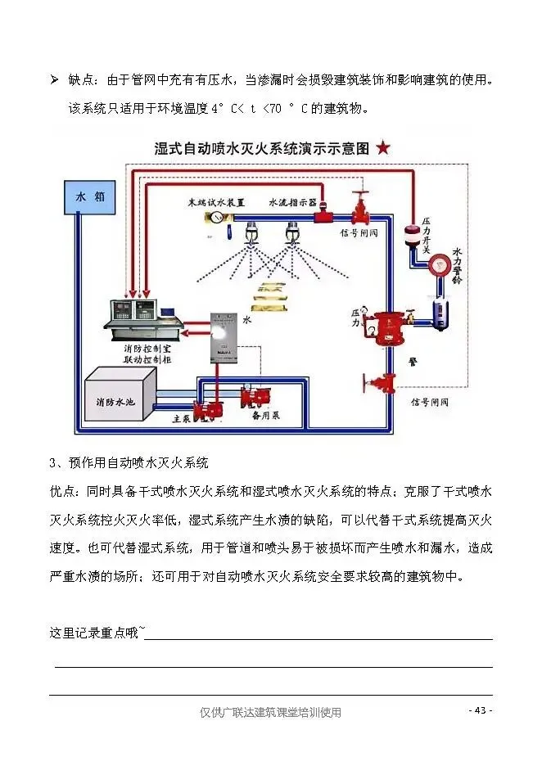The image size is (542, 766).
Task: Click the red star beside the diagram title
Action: pyautogui.click(x=384, y=148)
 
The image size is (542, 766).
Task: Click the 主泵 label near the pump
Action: pyautogui.click(x=182, y=418)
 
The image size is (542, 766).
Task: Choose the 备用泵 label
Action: pyautogui.click(x=266, y=415)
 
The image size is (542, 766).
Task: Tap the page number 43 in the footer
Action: pyautogui.click(x=481, y=710)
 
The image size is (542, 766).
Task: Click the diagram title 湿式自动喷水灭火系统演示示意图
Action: pyautogui.click(x=262, y=149)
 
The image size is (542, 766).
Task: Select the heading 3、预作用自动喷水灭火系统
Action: pyautogui.click(x=129, y=463)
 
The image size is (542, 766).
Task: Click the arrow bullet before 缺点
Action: pyautogui.click(x=54, y=79)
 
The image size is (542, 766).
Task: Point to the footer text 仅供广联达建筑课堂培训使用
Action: pyautogui.click(x=270, y=712)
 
